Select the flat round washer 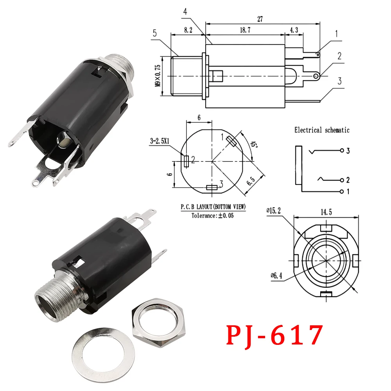pyautogui.click(x=103, y=354)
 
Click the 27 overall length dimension pyautogui.click(x=260, y=19)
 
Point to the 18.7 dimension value pyautogui.click(x=245, y=30)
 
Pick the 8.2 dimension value pyautogui.click(x=188, y=30)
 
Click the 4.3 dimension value pyautogui.click(x=294, y=30)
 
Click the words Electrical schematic pyautogui.click(x=322, y=130)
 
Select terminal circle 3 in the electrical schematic pyautogui.click(x=342, y=151)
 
